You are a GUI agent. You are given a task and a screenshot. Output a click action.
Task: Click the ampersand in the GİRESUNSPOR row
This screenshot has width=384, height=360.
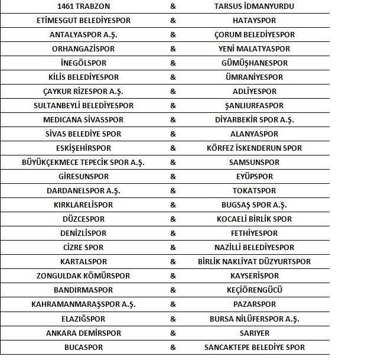pos(173,177)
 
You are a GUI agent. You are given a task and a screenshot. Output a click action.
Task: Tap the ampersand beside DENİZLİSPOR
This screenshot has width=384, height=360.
pos(173,233)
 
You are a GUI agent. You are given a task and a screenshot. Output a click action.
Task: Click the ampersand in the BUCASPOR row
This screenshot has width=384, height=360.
pos(173,348)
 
